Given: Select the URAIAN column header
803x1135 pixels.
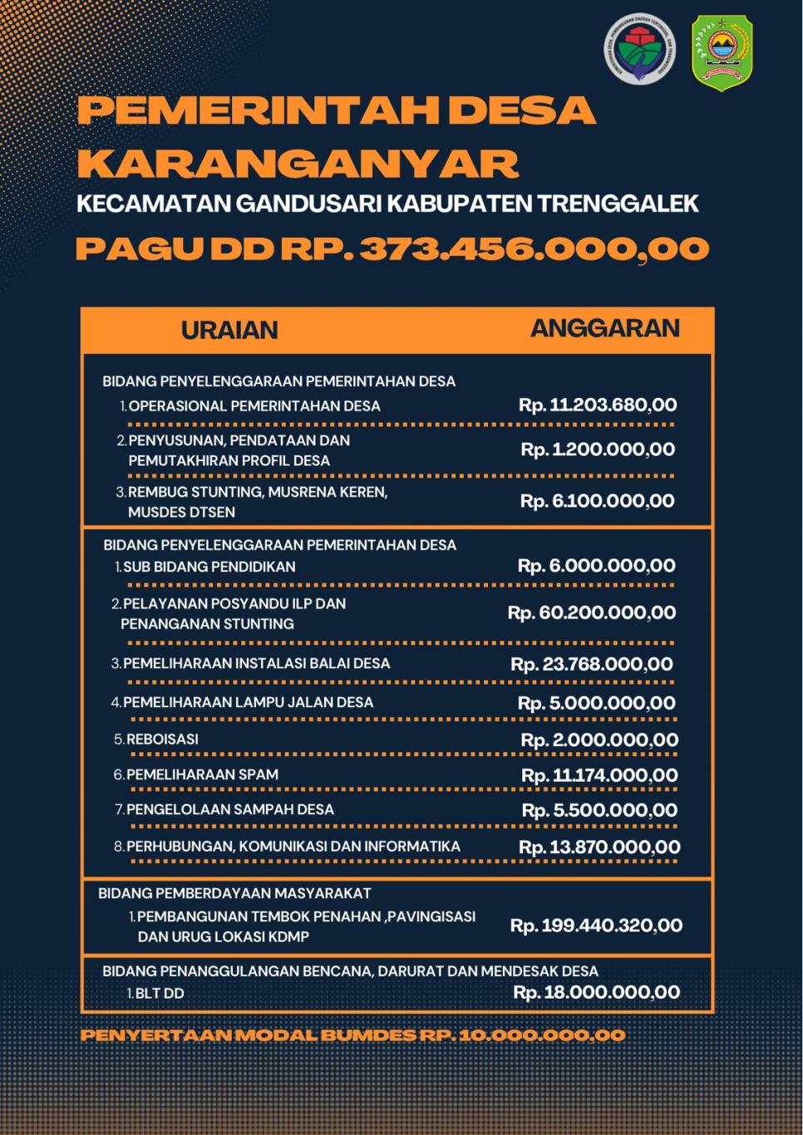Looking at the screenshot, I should point(229,330).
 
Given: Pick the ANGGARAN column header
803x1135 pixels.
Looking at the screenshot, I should point(605,328).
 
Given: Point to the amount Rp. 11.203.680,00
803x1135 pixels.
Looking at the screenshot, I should point(598,405).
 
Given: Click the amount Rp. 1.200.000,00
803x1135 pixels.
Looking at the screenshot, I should point(598,450).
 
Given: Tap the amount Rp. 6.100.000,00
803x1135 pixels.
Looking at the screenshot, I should point(598,501).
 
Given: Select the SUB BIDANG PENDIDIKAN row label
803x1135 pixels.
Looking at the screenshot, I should point(209,567).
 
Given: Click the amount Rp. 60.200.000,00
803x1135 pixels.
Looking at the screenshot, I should point(592,613).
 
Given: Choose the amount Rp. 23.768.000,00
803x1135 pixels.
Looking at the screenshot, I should point(592,664).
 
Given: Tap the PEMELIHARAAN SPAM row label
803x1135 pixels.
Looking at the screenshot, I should point(202,774).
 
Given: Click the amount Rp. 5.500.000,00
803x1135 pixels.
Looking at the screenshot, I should point(599,810).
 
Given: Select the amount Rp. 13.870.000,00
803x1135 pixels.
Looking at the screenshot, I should point(599,848).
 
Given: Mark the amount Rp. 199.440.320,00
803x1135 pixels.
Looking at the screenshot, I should point(596,926).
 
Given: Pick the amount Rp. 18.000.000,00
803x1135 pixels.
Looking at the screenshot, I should point(596,992).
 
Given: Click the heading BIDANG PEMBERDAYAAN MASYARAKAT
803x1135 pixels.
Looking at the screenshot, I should point(234,893).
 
